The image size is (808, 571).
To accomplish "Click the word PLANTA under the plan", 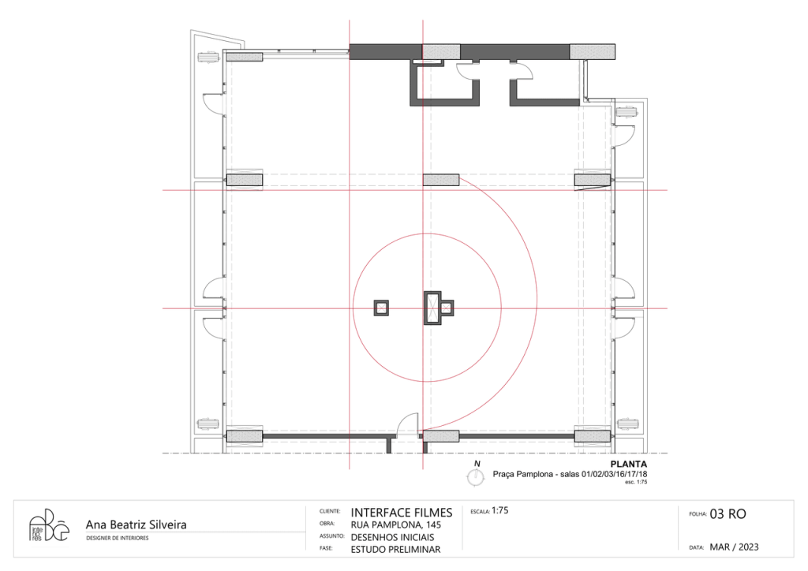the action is pos(629,464).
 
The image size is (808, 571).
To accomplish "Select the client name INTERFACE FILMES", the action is pos(402,513).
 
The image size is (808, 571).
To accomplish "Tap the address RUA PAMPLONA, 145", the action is pos(396,525).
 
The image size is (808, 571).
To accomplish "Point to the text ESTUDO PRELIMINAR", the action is pos(396,550).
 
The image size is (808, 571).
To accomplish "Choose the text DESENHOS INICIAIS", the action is pos(393,537).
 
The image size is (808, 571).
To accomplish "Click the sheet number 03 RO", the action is pos(728,514).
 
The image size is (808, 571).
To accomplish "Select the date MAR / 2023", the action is pos(735,547).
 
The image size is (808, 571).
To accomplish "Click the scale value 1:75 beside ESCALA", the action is pos(499,510).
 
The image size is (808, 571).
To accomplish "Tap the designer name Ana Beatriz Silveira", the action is pos(136,524).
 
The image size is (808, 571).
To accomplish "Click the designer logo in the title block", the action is pos(48,526).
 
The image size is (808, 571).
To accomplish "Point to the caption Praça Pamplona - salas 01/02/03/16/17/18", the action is pos(570,474).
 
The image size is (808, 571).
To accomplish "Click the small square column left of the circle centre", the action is pos(381,308).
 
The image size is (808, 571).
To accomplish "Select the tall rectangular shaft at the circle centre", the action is pos(432,308).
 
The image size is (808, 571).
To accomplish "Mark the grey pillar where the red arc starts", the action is pos(440,180).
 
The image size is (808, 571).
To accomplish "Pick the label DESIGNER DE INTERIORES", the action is pos(117,538).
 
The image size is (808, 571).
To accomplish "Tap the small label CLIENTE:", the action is pos(330,511).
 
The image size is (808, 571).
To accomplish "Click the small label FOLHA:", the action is pos(698,514).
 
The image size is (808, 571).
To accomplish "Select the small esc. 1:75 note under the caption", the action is pos(636,483).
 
